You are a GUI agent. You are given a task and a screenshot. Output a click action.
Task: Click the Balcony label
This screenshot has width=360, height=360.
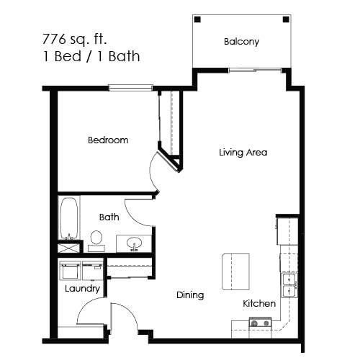(x=241, y=42)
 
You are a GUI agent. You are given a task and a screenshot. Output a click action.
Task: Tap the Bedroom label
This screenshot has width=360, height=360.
(x=108, y=140)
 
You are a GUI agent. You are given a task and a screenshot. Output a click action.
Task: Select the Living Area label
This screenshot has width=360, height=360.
(x=243, y=153)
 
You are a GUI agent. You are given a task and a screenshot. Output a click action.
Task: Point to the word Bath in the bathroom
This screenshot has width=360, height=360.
(x=109, y=216)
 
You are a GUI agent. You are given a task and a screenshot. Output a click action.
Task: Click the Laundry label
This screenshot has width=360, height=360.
(x=81, y=289)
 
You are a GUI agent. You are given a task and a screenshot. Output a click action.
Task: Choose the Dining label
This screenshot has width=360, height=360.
(x=190, y=294)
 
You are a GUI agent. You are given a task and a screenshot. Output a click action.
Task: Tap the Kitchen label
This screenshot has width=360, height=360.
(x=259, y=303)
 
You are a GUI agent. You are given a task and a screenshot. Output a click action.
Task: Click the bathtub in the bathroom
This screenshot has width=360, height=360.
(x=69, y=218)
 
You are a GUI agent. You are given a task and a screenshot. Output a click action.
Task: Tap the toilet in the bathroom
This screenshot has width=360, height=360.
(x=96, y=239)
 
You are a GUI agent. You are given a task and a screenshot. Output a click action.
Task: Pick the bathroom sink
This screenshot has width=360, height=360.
(x=133, y=244)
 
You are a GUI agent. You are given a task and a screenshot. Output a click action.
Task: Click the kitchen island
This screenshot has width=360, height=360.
(x=235, y=271)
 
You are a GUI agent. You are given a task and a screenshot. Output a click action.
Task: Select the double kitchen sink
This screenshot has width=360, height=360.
(x=289, y=286)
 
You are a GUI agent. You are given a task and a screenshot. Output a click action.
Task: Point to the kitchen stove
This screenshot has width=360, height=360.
(x=260, y=324)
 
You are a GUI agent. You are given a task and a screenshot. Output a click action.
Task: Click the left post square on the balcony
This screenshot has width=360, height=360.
(x=198, y=19)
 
